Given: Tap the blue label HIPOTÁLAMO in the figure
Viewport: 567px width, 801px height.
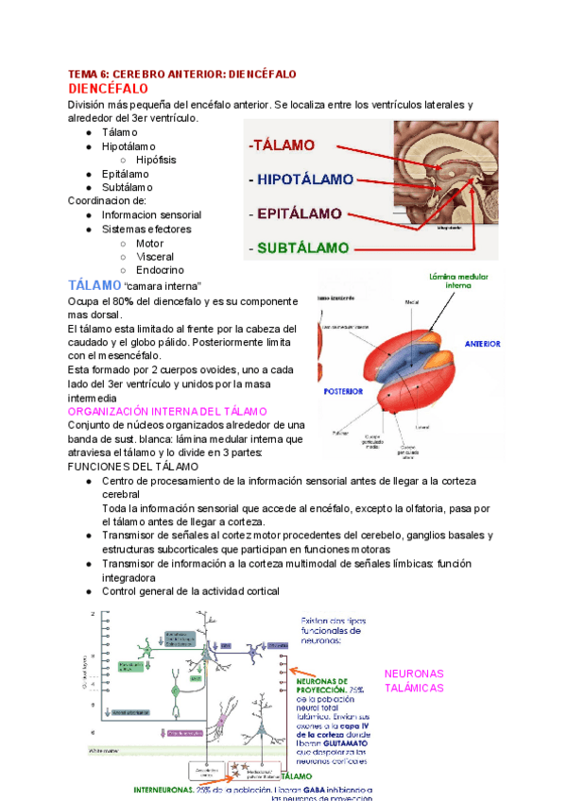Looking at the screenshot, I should coord(301,179).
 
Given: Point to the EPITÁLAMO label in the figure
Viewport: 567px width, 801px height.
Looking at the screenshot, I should coord(295,213).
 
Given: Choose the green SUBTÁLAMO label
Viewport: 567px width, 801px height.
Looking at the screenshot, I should coord(297,248).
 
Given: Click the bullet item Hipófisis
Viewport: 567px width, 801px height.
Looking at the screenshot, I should coord(156,160).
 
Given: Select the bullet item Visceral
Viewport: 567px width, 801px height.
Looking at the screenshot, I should coord(155,256).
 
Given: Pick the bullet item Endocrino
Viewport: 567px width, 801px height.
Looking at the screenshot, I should coord(160,270).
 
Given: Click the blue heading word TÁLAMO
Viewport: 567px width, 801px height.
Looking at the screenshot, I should coord(94,284).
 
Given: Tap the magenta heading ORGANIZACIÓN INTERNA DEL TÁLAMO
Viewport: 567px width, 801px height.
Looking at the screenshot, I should coord(167,412).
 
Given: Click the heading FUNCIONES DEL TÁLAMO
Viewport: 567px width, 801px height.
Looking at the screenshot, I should coord(133,467).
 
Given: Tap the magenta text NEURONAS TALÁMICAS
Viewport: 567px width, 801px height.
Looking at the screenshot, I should coord(414,680).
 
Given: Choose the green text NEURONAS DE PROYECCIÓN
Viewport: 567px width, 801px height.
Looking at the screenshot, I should coord(322,685).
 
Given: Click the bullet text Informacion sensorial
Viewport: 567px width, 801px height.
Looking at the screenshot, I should coord(151,214).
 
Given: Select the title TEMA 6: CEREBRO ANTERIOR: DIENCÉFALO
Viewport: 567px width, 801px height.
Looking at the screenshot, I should coord(182,73).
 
